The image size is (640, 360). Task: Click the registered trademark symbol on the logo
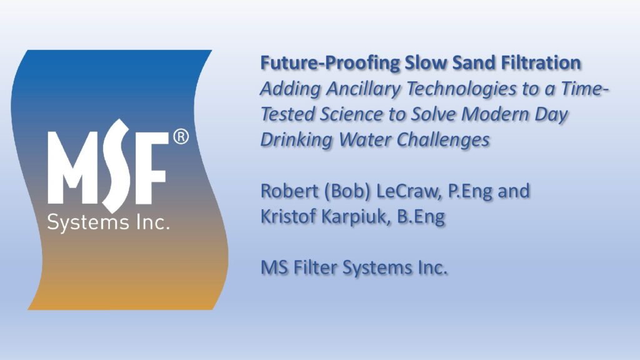pyautogui.click(x=181, y=137)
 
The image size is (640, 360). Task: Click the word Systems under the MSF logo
pyautogui.click(x=87, y=223)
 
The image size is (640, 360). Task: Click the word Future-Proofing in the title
pyautogui.click(x=330, y=63)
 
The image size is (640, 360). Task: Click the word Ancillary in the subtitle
pyautogui.click(x=363, y=89)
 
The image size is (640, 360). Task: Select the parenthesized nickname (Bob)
pyautogui.click(x=347, y=191)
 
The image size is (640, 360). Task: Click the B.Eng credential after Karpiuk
pyautogui.click(x=421, y=217)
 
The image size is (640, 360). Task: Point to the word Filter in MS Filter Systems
pyautogui.click(x=315, y=267)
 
